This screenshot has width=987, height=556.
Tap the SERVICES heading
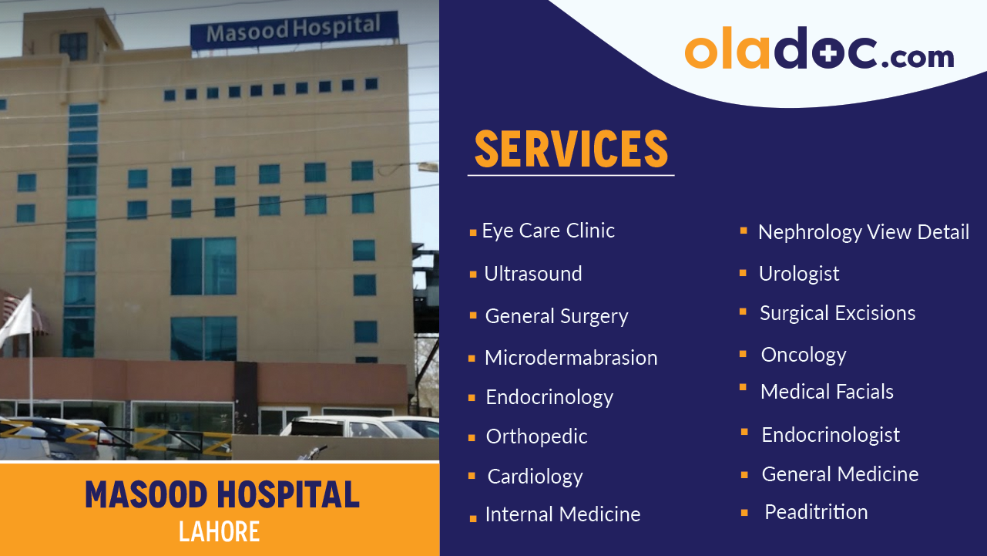click(x=570, y=150)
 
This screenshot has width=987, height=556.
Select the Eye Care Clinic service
click(x=548, y=231)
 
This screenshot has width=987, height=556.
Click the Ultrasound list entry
click(x=532, y=274)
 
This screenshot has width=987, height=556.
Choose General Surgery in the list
click(x=556, y=316)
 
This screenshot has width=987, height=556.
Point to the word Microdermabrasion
click(x=570, y=358)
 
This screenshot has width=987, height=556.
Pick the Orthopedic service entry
click(x=536, y=436)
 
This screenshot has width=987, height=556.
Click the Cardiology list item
click(x=535, y=477)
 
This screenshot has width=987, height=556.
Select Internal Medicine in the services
click(x=562, y=514)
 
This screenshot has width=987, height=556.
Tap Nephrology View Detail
click(x=863, y=232)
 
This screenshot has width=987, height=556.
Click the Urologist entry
click(x=798, y=274)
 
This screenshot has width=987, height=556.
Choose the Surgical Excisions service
click(x=837, y=313)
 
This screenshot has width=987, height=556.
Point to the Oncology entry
click(x=803, y=355)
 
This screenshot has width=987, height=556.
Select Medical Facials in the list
click(x=827, y=392)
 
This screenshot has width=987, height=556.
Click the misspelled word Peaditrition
click(x=815, y=512)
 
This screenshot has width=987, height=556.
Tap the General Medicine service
click(x=840, y=474)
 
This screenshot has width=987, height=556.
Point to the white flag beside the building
click(x=17, y=318)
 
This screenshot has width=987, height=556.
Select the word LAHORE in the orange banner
click(x=219, y=531)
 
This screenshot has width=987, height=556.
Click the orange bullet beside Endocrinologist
click(x=744, y=433)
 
